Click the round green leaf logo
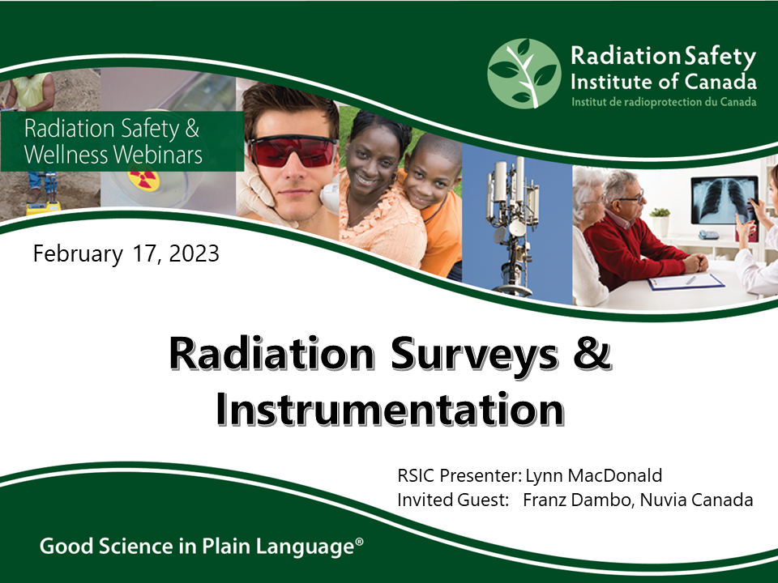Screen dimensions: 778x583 524,74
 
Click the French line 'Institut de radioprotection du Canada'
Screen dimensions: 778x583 664,102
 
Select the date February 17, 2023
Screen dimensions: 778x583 126,253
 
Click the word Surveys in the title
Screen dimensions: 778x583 475,354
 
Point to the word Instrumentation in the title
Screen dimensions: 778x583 391,410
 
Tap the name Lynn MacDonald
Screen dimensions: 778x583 594,475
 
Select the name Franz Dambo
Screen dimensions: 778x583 576,500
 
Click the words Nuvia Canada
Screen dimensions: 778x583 697,500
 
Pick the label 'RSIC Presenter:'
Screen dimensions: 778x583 459,475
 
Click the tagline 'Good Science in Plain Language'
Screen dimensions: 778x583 202,547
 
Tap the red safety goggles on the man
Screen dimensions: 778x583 293,151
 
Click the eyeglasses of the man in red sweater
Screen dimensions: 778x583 629,198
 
